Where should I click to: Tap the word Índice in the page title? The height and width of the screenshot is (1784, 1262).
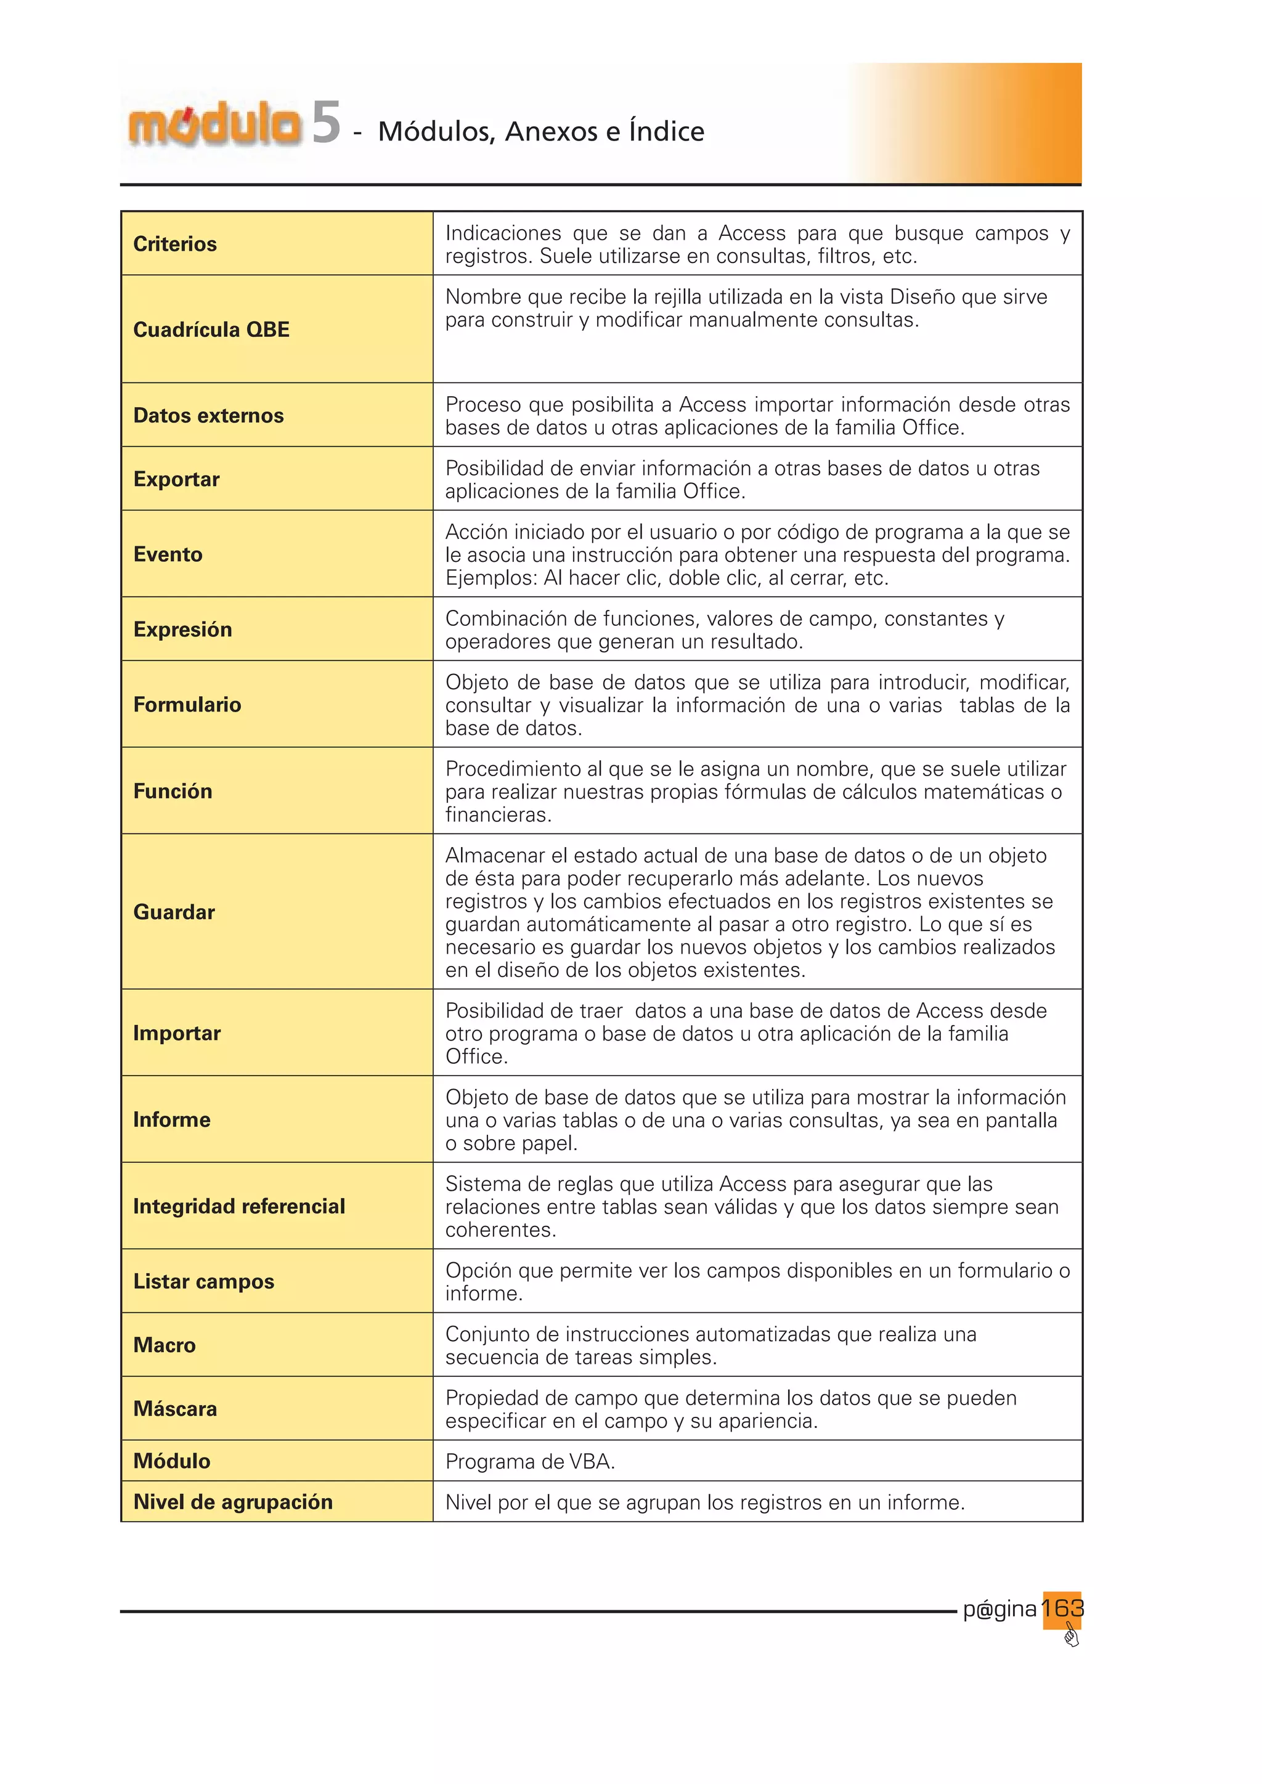(666, 131)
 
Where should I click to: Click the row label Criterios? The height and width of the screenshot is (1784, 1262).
(175, 244)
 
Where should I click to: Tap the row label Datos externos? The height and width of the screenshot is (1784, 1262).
(208, 416)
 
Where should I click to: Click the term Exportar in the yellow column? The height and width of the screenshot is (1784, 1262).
(176, 479)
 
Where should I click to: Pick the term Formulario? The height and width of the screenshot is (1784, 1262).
(187, 705)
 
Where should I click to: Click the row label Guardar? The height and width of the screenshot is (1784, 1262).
(174, 912)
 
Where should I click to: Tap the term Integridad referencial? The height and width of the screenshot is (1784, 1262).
(238, 1206)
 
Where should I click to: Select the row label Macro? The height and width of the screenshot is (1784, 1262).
(164, 1345)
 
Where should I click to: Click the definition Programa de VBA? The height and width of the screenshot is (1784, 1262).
(530, 1462)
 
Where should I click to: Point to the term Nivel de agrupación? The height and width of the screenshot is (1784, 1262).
(232, 1502)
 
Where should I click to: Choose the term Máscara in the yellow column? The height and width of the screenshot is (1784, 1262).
(175, 1409)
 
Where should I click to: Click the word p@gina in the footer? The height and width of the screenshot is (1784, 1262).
(999, 1609)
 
